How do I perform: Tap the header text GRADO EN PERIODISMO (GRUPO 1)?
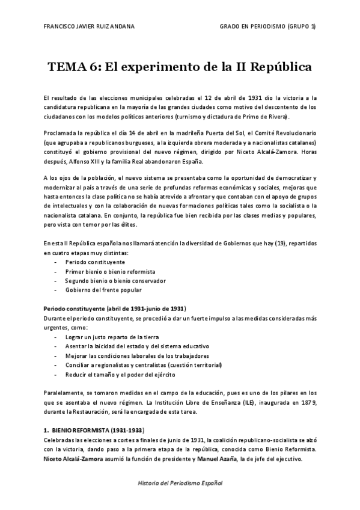pyautogui.click(x=267, y=28)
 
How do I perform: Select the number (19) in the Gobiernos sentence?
pyautogui.click(x=276, y=244)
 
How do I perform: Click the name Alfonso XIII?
pyautogui.click(x=81, y=161)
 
